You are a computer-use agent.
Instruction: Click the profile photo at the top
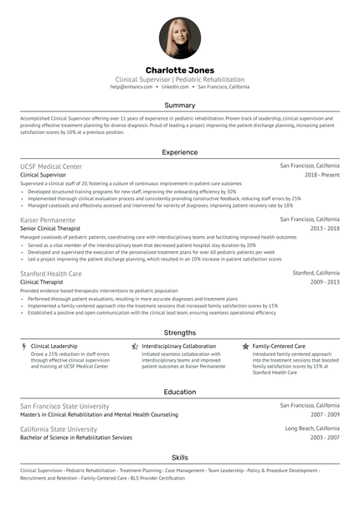[180, 38]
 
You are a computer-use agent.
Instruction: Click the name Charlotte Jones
[180, 69]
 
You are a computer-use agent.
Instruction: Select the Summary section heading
[180, 105]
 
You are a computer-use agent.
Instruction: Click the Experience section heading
[180, 152]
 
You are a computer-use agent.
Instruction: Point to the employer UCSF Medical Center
[51, 167]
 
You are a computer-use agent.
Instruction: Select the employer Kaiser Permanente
[49, 219]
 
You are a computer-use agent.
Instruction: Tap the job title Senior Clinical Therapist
[51, 228]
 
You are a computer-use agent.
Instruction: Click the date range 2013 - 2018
[324, 228]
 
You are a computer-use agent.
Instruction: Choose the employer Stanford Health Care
[51, 273]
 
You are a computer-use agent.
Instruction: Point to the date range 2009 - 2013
[324, 282]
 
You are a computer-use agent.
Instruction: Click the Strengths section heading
[180, 332]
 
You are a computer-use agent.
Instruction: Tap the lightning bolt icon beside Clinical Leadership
[23, 346]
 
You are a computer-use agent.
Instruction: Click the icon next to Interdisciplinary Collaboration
[135, 346]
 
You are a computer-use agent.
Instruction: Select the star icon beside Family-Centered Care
[245, 346]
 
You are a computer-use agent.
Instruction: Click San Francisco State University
[64, 405]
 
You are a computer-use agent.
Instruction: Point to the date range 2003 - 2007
[324, 437]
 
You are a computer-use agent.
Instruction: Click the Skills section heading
[180, 457]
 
